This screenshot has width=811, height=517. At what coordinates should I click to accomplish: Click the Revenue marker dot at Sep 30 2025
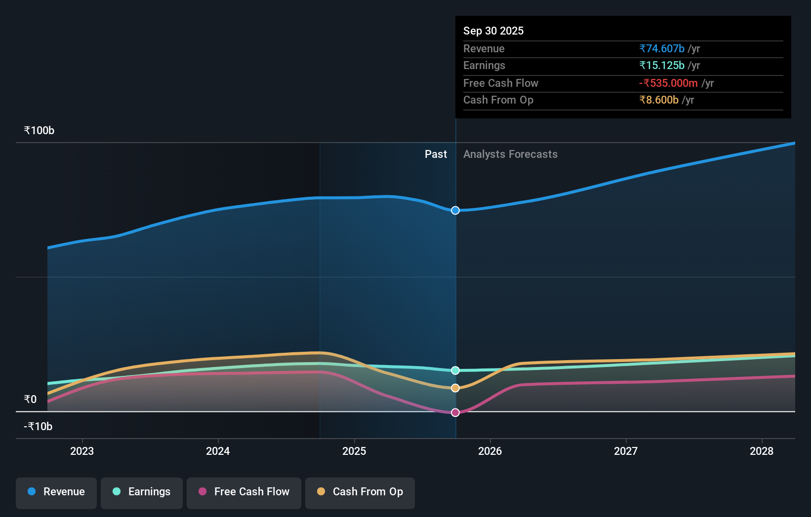tap(455, 211)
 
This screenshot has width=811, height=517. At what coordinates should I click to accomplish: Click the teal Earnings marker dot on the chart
tap(455, 370)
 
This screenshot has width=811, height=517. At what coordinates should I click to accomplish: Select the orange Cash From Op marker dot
tap(455, 388)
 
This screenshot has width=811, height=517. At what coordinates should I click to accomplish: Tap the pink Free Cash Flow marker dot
tap(455, 412)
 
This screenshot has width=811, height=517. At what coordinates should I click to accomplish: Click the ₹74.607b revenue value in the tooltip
tap(662, 49)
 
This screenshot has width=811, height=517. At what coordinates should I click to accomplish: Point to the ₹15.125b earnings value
tap(662, 66)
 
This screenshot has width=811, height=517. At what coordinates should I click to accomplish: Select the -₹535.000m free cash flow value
tap(668, 83)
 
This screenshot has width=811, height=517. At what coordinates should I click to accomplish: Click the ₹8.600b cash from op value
tap(659, 100)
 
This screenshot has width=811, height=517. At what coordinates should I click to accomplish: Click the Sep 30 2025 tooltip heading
tap(493, 31)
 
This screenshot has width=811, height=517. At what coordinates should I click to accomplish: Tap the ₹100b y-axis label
tap(39, 131)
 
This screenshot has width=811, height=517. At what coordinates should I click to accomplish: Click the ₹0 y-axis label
tap(30, 400)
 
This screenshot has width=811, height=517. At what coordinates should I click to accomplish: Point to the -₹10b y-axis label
tap(38, 427)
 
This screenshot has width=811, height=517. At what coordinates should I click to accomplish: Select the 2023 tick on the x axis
tap(82, 451)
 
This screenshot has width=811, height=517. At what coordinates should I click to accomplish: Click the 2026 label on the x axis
tap(490, 451)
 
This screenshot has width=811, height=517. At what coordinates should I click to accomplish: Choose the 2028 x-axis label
tap(762, 451)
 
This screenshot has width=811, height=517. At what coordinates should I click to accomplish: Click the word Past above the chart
tap(436, 154)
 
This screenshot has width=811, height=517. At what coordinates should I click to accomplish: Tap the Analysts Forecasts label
tap(510, 154)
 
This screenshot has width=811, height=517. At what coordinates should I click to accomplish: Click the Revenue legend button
tap(56, 492)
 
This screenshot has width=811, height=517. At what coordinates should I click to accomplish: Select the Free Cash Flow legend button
tap(244, 492)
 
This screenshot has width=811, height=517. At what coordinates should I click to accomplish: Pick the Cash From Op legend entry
tap(360, 492)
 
